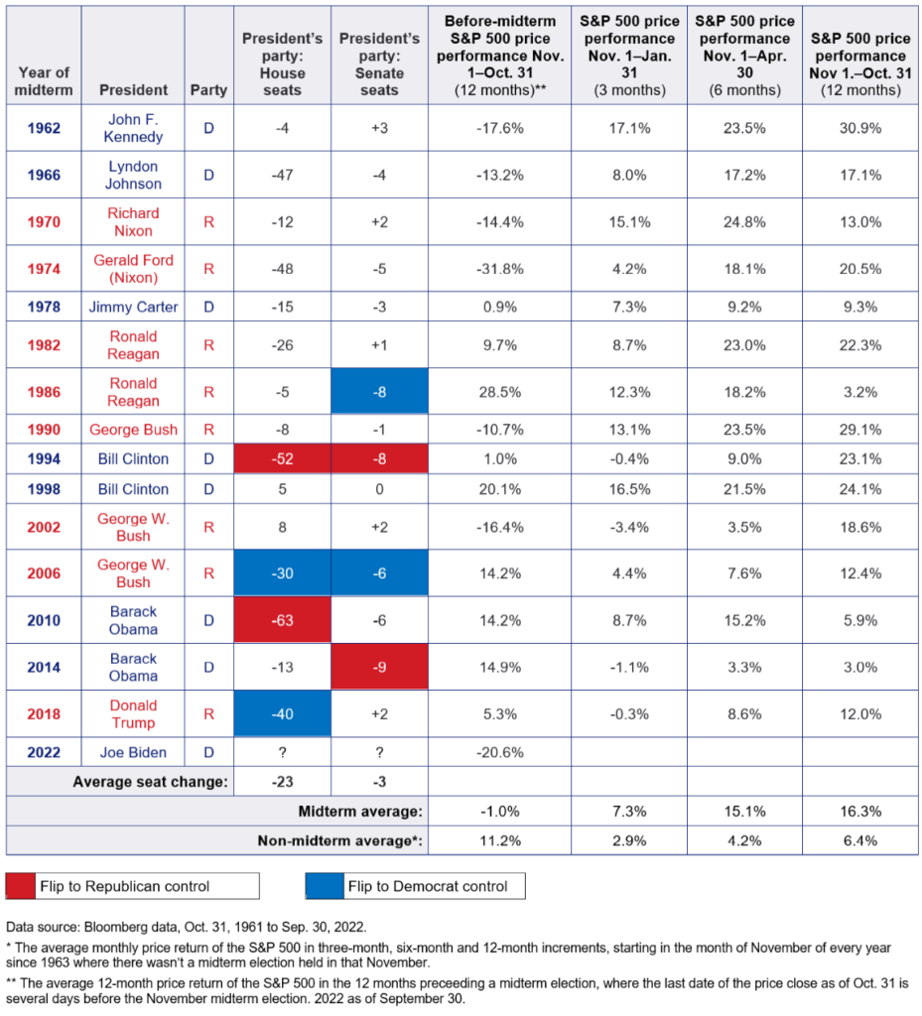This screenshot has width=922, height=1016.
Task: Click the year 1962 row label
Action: coord(43,128)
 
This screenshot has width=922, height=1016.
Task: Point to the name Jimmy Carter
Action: coord(133,307)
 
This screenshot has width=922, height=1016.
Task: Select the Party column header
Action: coord(208,89)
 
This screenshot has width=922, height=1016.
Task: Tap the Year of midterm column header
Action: coord(43,80)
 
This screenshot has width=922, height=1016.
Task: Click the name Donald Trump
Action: coord(133,714)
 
